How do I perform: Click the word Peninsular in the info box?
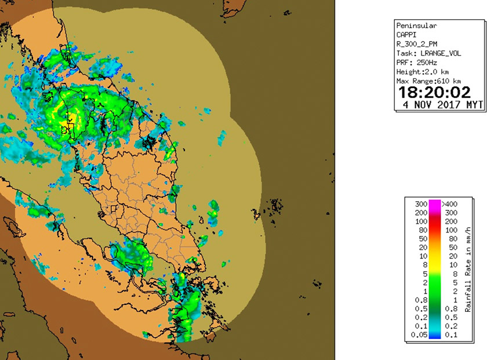pyautogui.click(x=416, y=26)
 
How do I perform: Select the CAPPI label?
pyautogui.click(x=406, y=35)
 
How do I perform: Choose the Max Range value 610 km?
pyautogui.click(x=448, y=81)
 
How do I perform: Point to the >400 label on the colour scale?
pyautogui.click(x=450, y=205)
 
